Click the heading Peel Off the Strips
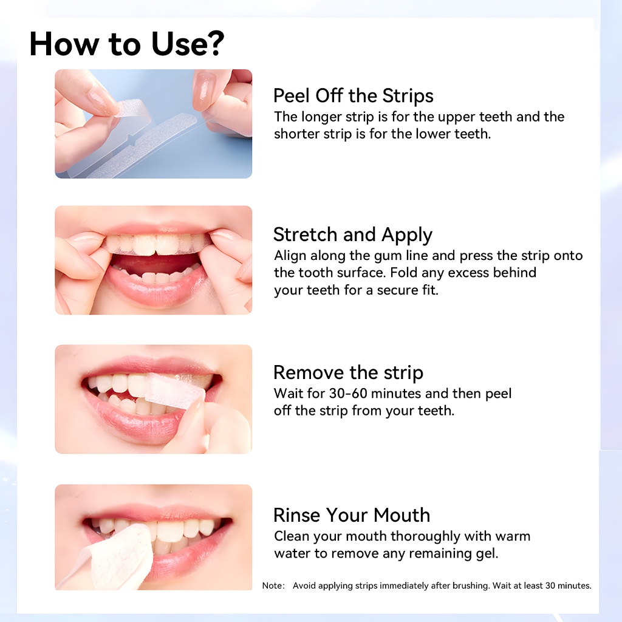click(353, 95)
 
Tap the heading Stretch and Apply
click(353, 234)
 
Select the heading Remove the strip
click(348, 373)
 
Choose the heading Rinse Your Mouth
click(352, 515)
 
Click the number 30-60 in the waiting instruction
click(348, 393)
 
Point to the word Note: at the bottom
click(273, 586)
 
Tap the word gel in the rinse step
click(487, 553)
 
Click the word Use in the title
click(177, 43)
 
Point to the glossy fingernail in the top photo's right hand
click(205, 90)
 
